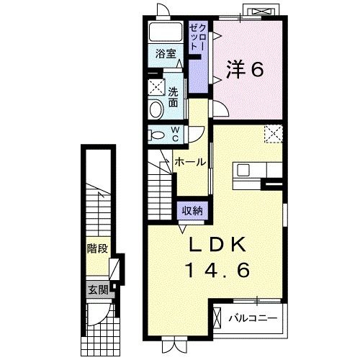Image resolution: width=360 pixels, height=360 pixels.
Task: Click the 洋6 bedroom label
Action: tap(246, 69)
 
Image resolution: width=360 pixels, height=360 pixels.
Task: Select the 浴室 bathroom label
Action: tap(166, 54)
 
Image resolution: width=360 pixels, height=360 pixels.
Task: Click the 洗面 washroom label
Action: tap(174, 97)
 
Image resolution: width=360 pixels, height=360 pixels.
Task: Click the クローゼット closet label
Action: tap(197, 35)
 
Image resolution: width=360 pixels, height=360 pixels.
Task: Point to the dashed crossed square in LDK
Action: tap(273, 133)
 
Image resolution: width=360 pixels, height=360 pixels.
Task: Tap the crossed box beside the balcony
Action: tap(219, 317)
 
